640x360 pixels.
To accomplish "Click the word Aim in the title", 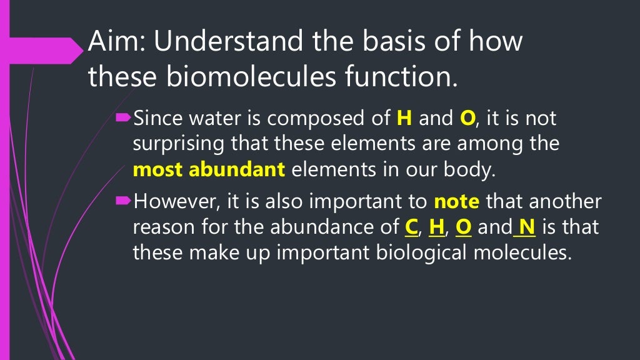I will pos(109,42).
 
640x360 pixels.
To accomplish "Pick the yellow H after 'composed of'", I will pos(402,117).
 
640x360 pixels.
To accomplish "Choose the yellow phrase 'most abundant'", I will pos(209,169).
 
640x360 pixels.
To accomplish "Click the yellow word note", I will pos(457,202).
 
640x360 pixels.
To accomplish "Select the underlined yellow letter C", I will pos(411,227).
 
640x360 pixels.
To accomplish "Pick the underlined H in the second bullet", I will pos(436,227).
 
